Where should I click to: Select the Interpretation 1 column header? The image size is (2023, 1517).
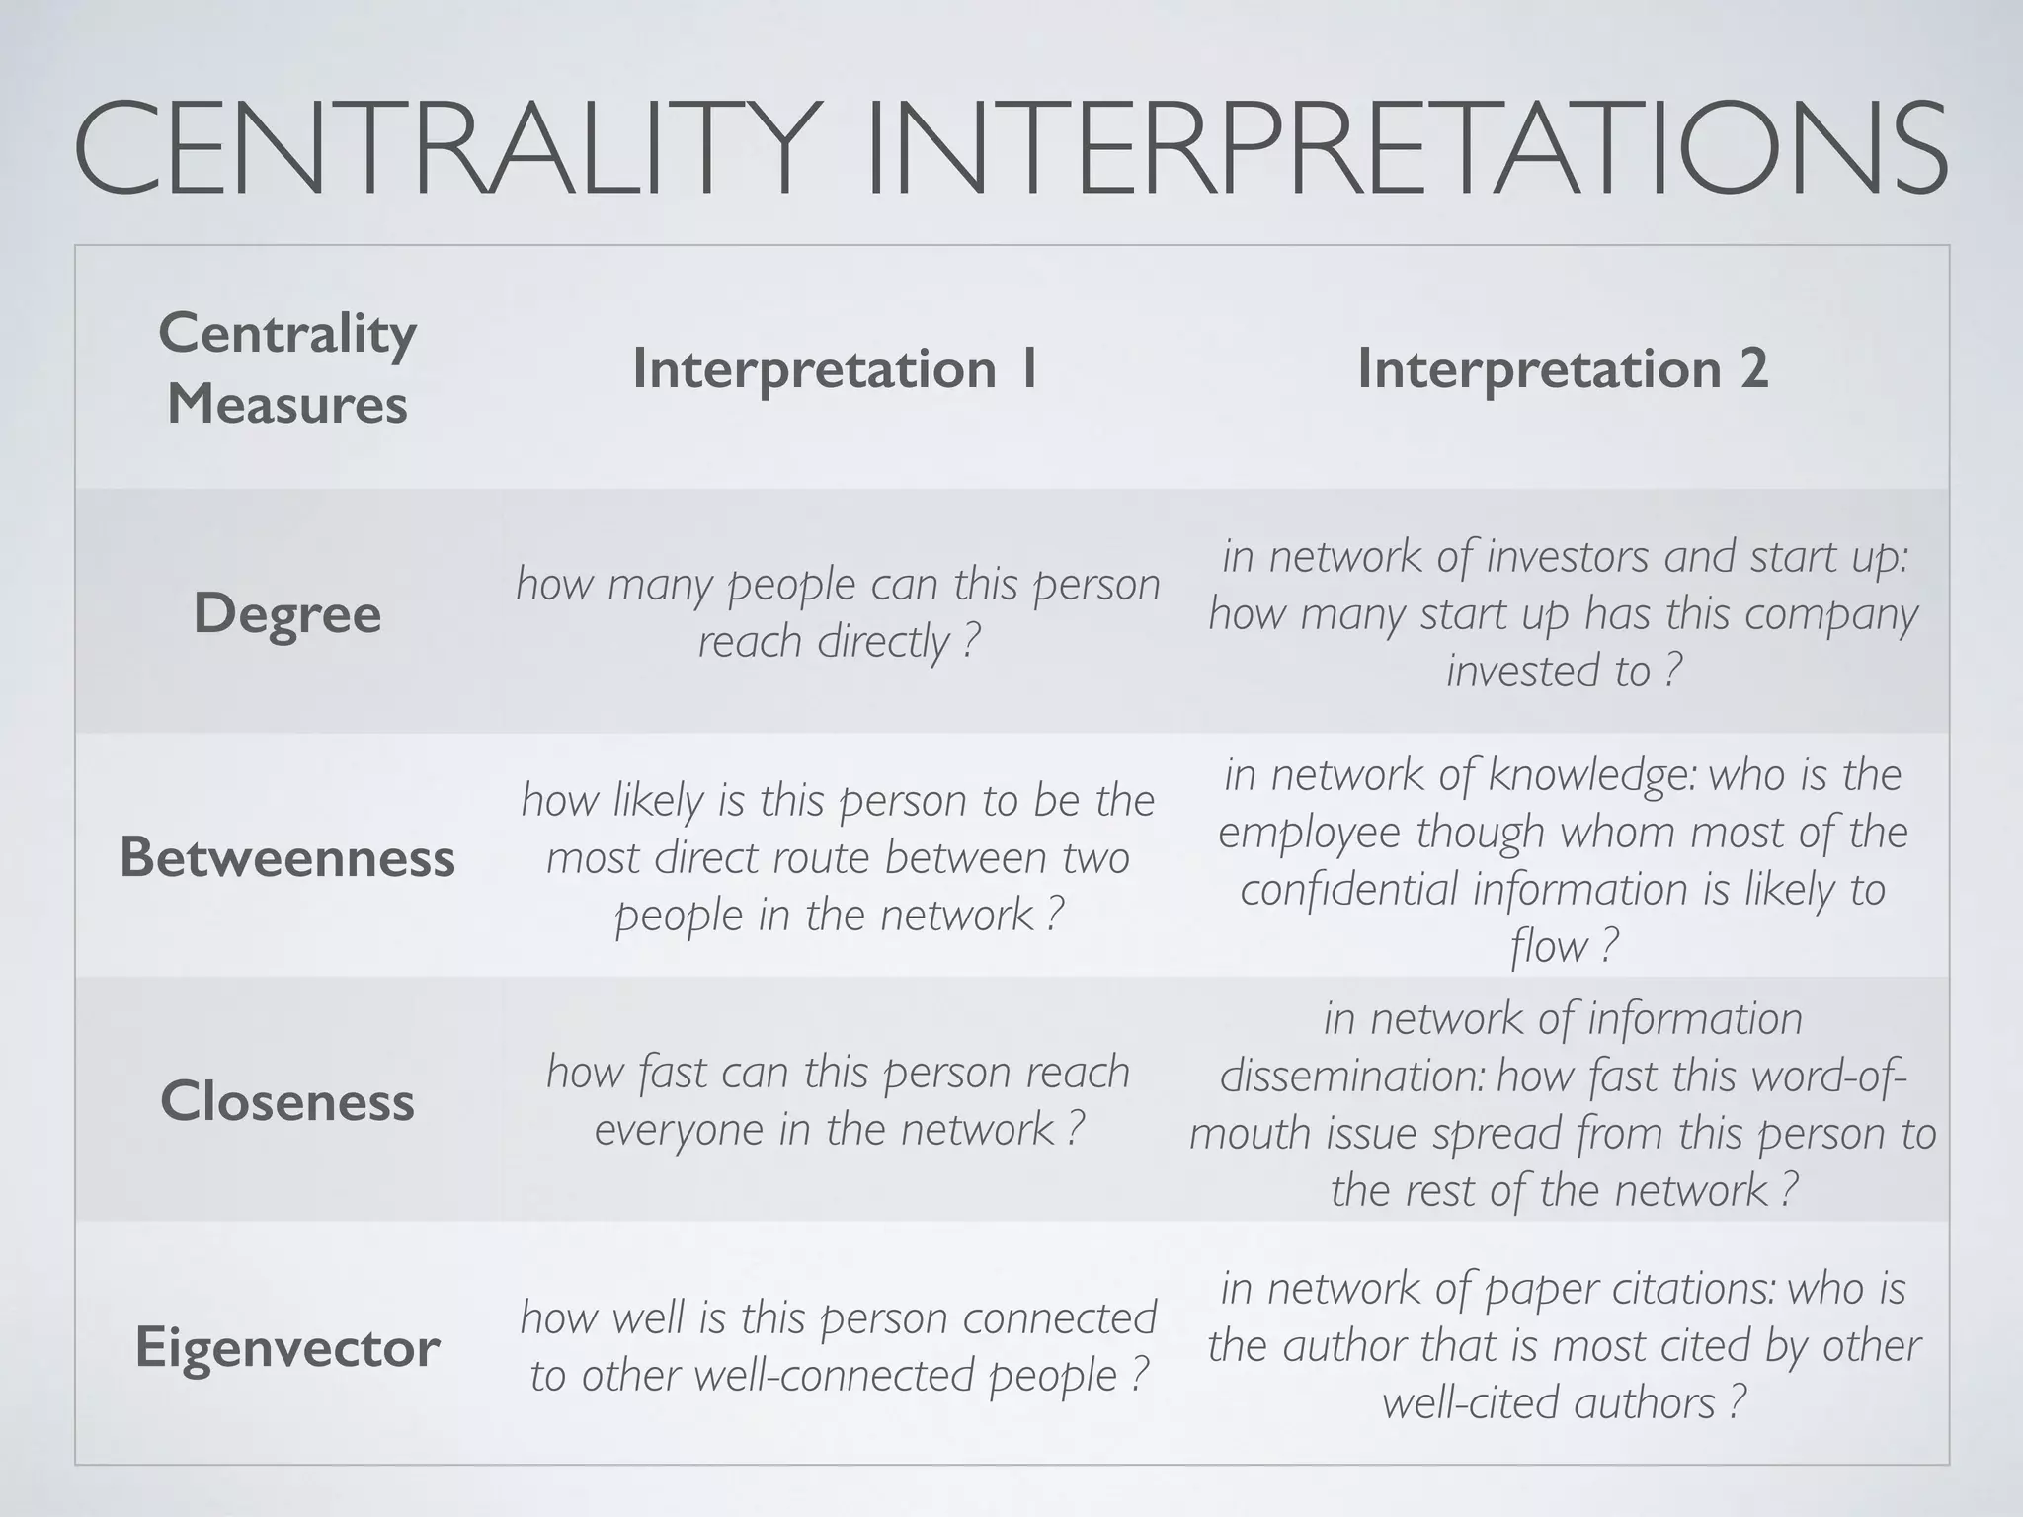point(836,368)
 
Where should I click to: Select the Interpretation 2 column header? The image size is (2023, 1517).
point(1563,368)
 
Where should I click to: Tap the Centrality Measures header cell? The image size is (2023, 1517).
point(286,368)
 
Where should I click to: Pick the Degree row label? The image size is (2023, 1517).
point(286,613)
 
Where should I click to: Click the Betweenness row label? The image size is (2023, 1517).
point(286,857)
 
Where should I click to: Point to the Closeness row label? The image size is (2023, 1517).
point(286,1101)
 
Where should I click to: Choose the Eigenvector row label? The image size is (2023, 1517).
point(286,1347)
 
